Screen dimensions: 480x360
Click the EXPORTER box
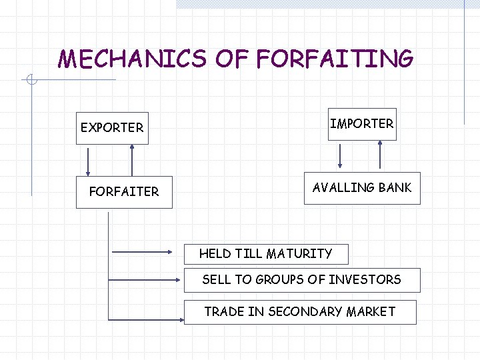coord(111,127)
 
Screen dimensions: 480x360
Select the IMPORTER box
coord(362,124)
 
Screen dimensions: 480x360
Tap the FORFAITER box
coord(124,192)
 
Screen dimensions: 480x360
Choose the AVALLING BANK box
coord(362,188)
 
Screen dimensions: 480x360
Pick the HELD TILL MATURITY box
coord(265,253)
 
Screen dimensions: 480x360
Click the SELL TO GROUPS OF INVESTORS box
coord(301,280)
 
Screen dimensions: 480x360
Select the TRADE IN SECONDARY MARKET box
coord(299,311)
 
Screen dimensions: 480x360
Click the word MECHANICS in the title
coord(133,59)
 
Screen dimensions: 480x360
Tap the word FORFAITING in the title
coord(334,59)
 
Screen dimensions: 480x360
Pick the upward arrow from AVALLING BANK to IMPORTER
coord(380,154)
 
